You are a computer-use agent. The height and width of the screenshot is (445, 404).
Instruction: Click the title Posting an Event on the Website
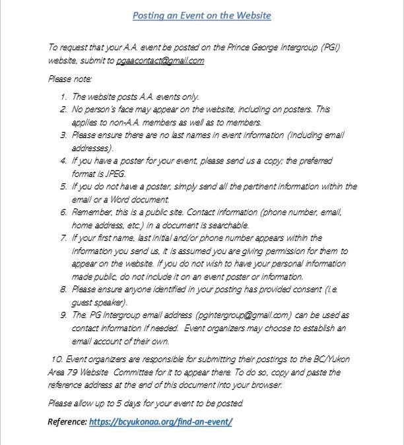(x=201, y=15)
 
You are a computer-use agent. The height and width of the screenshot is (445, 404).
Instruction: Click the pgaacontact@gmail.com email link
(x=160, y=61)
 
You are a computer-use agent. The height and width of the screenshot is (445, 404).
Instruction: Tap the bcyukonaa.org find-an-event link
(x=160, y=421)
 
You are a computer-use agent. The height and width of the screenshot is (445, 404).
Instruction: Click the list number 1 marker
(x=63, y=97)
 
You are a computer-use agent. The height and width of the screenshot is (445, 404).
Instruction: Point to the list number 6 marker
(x=63, y=213)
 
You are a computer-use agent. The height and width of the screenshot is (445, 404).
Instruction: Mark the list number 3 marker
(x=63, y=135)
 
